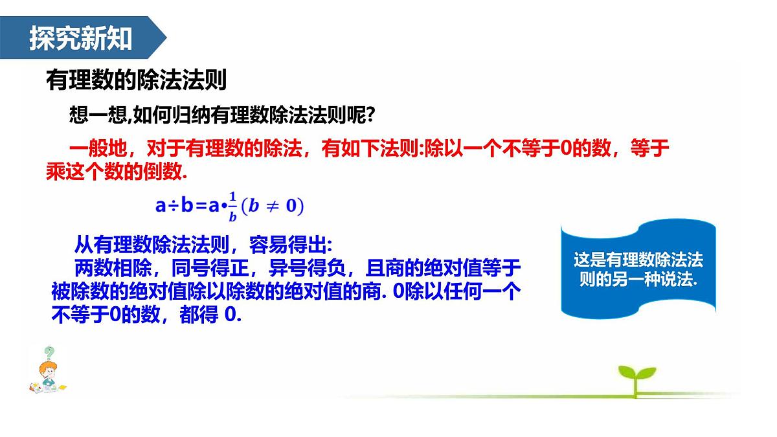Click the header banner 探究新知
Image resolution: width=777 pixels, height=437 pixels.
81,39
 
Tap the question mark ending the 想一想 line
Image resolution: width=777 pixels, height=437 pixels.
370,116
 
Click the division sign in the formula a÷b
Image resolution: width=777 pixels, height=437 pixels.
171,207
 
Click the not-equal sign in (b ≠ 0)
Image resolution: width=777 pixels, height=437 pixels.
273,207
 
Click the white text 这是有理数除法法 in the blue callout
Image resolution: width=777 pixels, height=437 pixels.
638,260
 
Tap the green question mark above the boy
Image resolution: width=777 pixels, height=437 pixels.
49,353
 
